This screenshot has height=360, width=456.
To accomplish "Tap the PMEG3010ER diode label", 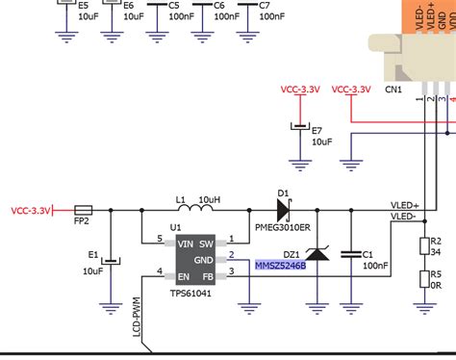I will pos(283,228).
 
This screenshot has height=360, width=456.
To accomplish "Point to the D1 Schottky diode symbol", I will pos(283,208).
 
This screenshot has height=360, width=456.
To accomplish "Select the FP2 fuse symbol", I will pos(83,209).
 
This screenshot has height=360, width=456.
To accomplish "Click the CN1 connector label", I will pos(393,90).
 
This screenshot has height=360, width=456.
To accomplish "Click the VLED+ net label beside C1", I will pos(404,205).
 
